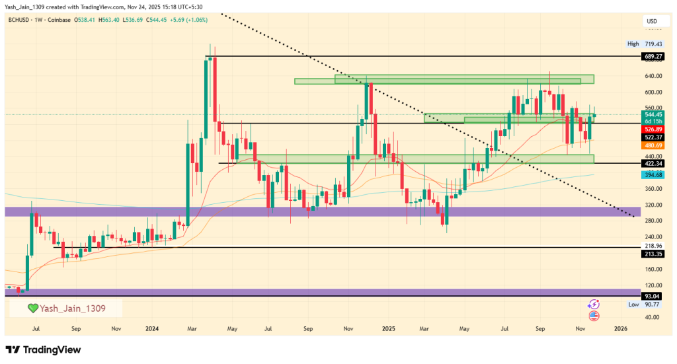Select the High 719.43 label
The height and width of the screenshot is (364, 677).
[644, 44]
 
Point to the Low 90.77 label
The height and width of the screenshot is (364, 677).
[644, 305]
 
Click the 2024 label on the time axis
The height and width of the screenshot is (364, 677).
[152, 328]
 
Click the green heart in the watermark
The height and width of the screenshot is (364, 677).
[32, 309]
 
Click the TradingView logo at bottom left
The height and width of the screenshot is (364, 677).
[43, 349]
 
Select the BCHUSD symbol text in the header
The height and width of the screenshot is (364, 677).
[22, 20]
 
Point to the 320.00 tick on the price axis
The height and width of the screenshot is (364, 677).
[653, 205]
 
